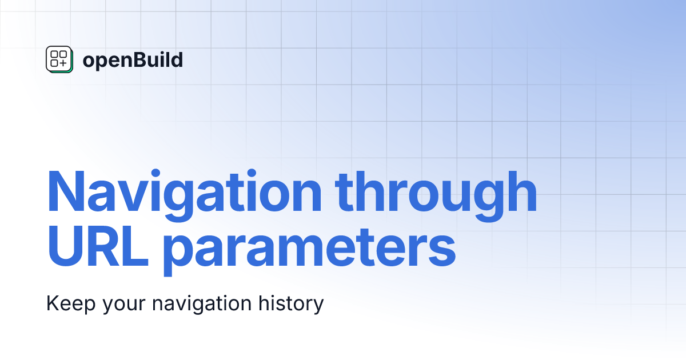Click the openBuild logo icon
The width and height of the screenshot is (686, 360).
click(x=59, y=59)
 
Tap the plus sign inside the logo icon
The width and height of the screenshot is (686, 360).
click(x=63, y=63)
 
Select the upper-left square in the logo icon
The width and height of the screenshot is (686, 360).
click(x=54, y=55)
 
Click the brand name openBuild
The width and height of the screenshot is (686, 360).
click(x=133, y=59)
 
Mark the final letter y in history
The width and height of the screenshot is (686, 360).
click(x=319, y=306)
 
